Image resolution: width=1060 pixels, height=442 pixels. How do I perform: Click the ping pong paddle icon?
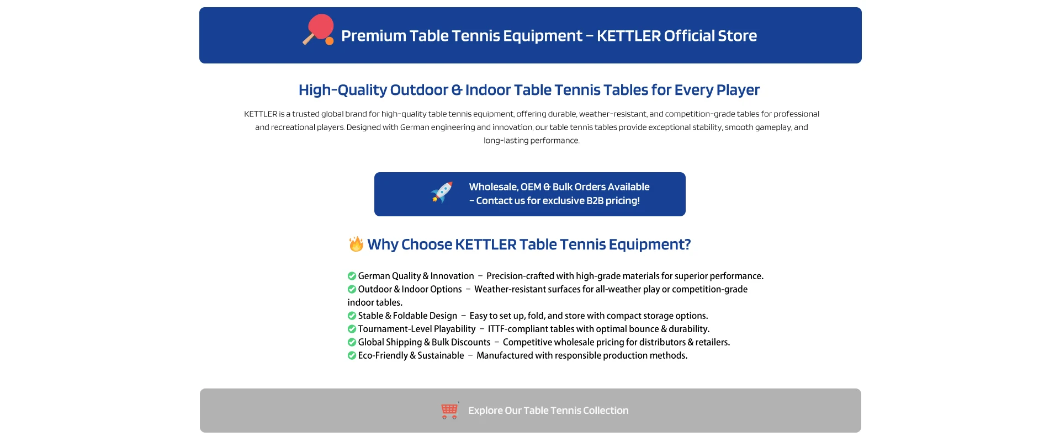[x=319, y=30]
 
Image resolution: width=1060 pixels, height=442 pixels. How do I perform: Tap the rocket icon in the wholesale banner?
[x=442, y=193]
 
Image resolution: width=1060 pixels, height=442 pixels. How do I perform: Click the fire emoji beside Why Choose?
[x=356, y=244]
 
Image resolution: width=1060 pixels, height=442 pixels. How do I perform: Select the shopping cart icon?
[x=450, y=411]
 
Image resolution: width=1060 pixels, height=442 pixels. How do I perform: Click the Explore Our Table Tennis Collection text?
[x=548, y=411]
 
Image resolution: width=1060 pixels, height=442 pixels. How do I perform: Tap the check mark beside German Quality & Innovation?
[x=352, y=276]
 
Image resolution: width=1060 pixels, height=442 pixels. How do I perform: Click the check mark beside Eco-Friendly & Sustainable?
[x=352, y=355]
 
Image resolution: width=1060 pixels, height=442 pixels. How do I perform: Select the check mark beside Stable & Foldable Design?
[x=352, y=316]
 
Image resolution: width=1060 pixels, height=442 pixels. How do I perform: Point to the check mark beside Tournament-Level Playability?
[x=352, y=329]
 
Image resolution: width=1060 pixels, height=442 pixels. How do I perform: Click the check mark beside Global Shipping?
[x=352, y=342]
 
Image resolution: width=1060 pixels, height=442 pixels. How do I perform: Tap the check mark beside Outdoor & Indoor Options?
[x=352, y=289]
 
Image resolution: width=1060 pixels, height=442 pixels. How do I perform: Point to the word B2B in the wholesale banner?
[x=595, y=201]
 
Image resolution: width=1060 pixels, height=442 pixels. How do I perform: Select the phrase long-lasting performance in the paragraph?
[x=532, y=141]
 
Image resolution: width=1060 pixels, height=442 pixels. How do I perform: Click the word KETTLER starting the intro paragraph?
[x=261, y=114]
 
